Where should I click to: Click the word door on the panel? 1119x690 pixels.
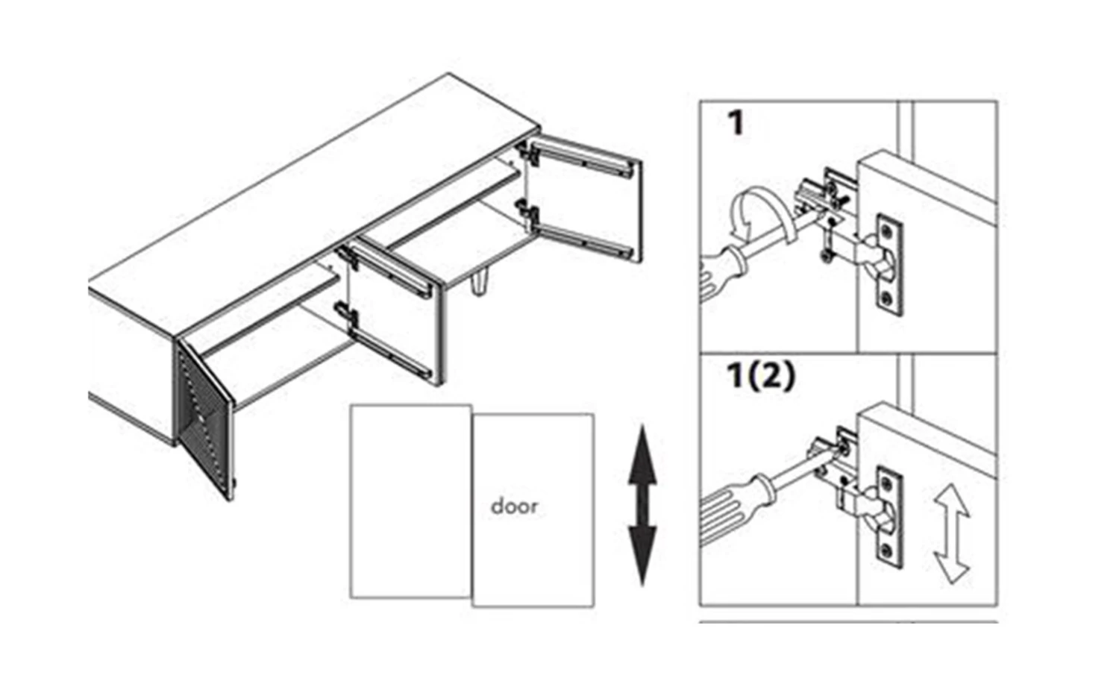[x=514, y=506]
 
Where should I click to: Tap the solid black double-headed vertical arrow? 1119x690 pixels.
[x=642, y=506]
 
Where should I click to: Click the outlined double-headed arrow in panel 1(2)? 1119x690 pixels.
[x=952, y=533]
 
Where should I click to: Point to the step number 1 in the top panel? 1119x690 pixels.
[x=736, y=123]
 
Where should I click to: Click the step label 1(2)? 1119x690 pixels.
[x=760, y=375]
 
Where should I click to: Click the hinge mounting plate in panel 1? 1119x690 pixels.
[x=890, y=265]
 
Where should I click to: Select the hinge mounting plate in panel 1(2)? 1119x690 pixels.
[x=890, y=517]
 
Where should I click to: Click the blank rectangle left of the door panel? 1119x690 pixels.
[x=410, y=501]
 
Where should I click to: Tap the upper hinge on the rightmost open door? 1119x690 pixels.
[x=529, y=152]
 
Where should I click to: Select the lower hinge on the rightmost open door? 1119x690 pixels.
[x=529, y=213]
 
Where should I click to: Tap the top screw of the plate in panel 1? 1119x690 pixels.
[x=887, y=230]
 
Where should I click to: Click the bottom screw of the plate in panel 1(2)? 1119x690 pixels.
[x=887, y=551]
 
